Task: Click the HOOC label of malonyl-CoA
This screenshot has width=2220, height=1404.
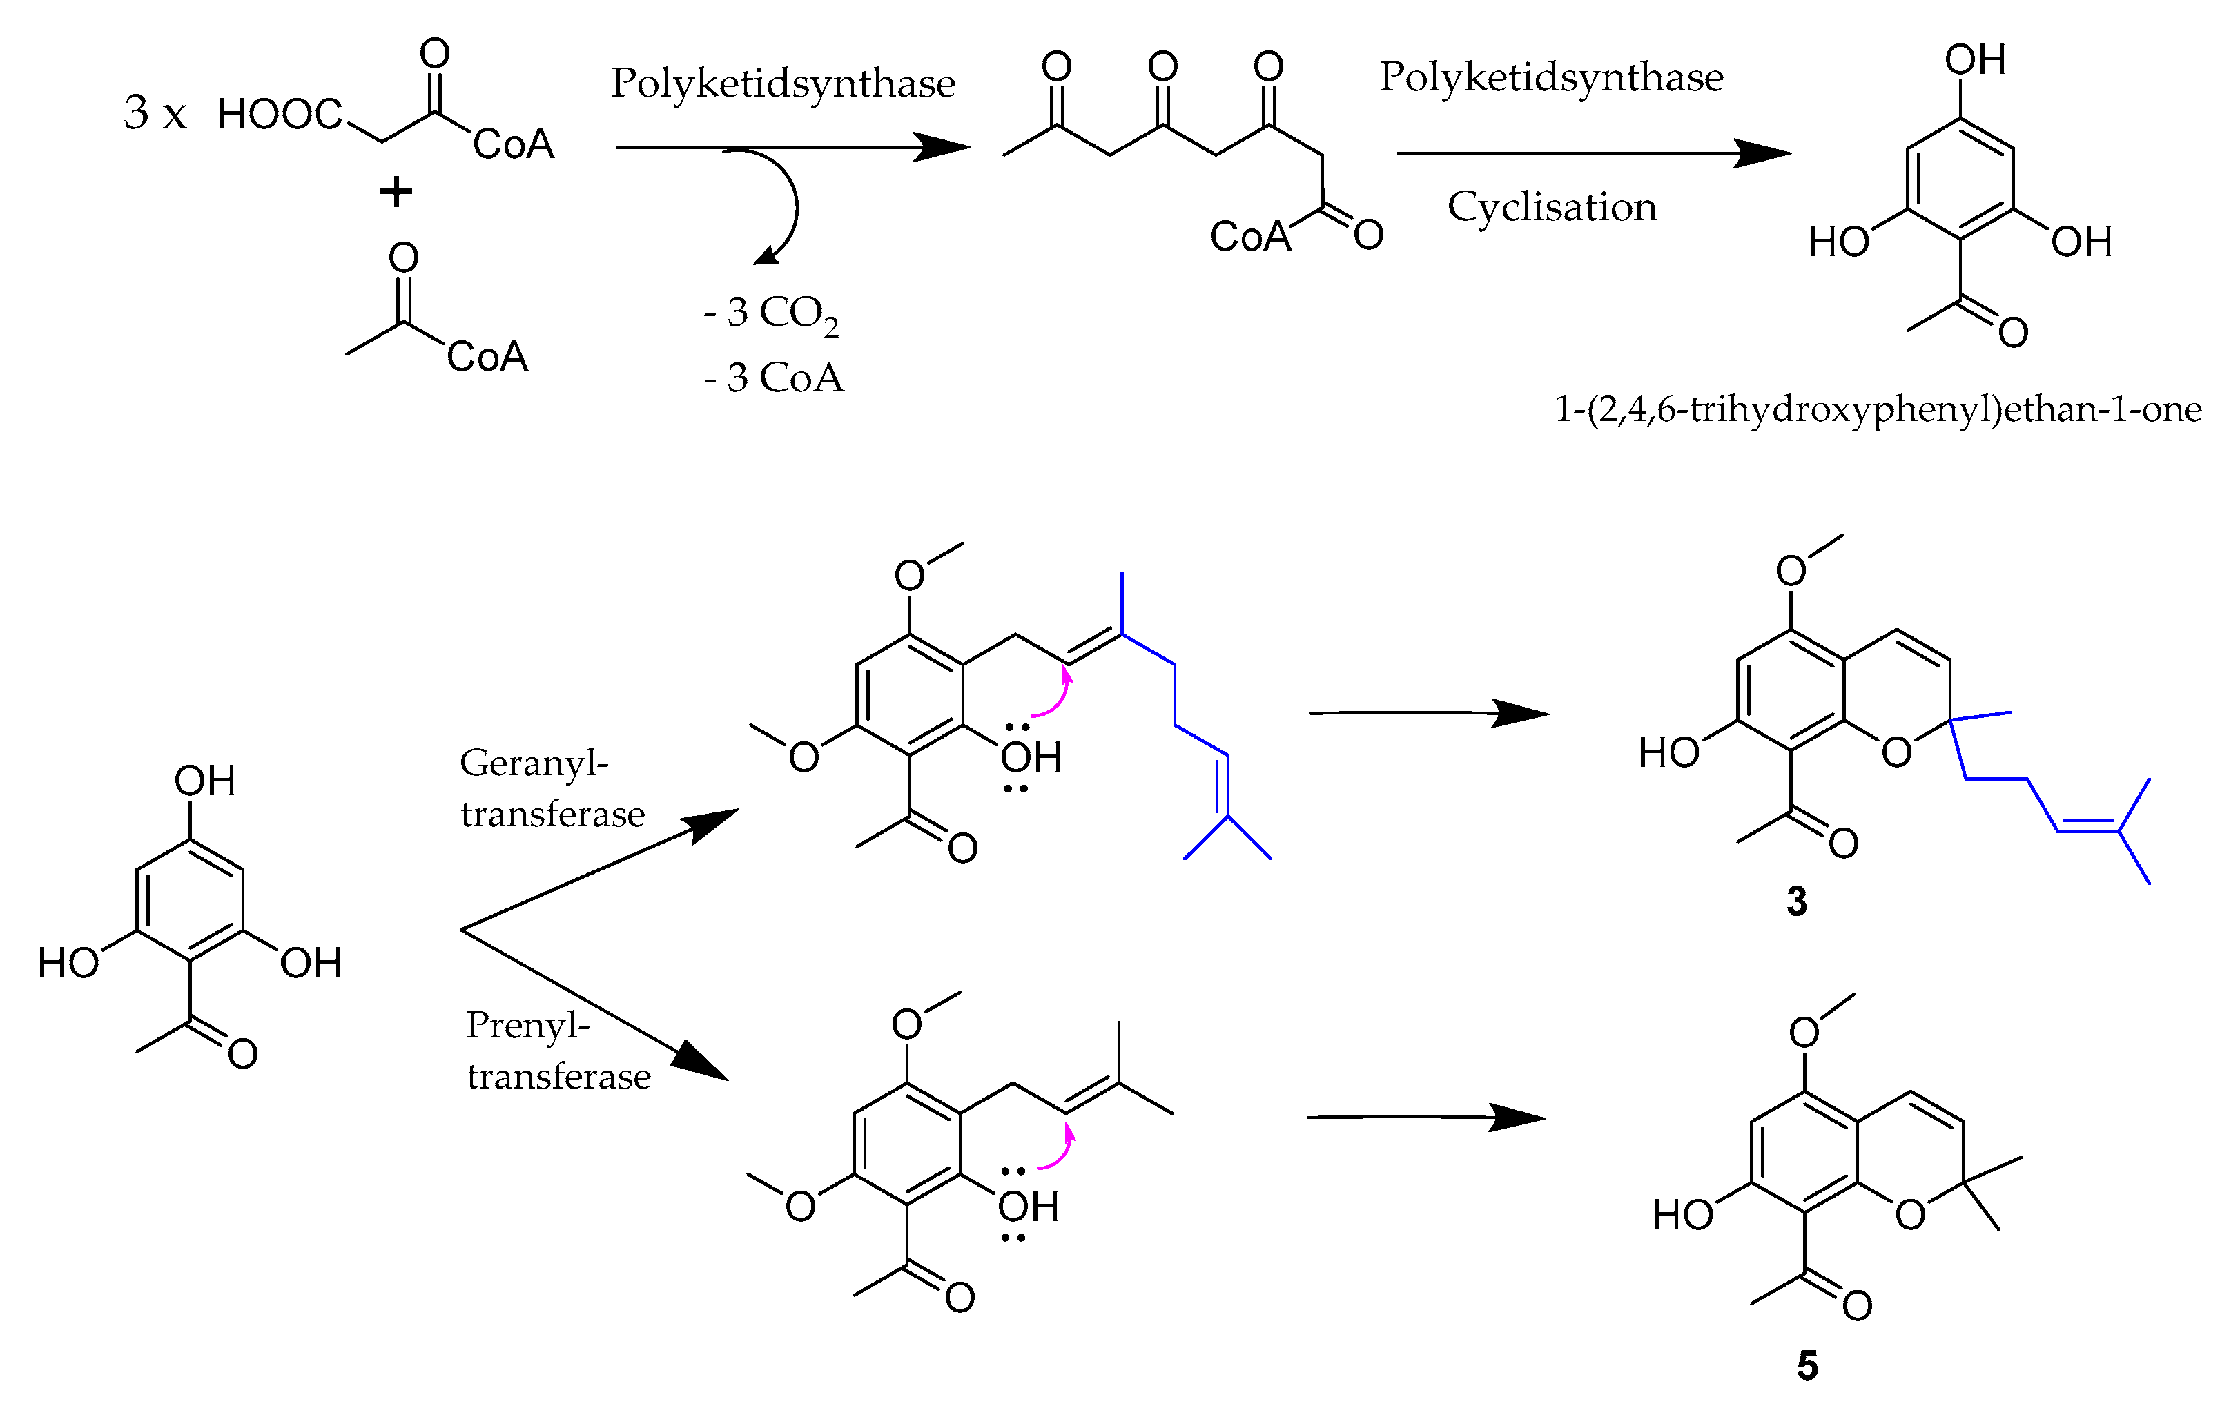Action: click(x=280, y=115)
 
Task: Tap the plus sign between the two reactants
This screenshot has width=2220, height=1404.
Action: click(x=396, y=193)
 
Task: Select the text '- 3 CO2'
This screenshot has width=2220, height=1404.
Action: click(x=771, y=314)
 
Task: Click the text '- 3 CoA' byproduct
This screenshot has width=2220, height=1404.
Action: click(x=774, y=378)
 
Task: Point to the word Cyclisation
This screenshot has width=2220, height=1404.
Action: click(x=1552, y=206)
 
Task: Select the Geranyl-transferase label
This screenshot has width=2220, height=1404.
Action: click(x=552, y=788)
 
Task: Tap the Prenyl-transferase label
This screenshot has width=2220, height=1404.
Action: click(x=558, y=1050)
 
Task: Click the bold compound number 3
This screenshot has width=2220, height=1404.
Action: click(x=1797, y=901)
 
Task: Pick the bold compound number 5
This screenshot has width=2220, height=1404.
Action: click(x=1807, y=1365)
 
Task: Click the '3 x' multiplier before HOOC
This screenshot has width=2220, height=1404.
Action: click(x=155, y=113)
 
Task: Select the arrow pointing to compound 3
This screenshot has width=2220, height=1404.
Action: click(x=1429, y=712)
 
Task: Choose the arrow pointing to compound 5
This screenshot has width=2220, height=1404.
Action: click(x=1426, y=1118)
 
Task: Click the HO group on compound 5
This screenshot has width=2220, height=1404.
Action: click(x=1682, y=1215)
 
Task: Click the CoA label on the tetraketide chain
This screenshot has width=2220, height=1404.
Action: click(x=1250, y=237)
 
